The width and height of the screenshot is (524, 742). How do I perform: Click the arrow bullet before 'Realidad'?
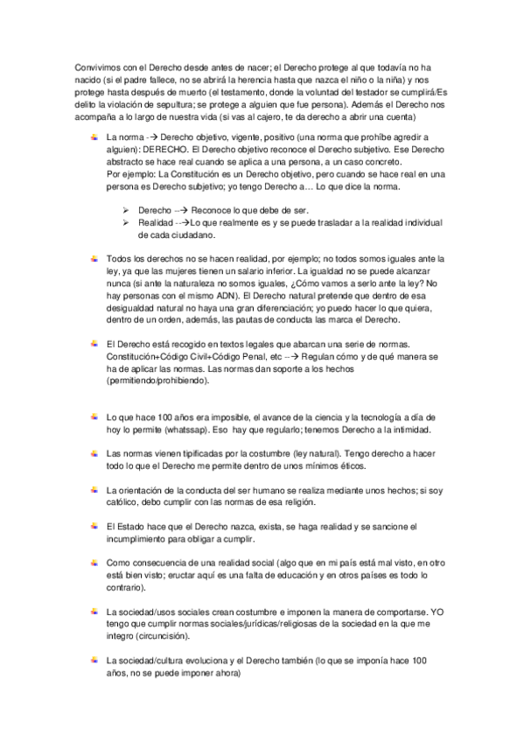[126, 224]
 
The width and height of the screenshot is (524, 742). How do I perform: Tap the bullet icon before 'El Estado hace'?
[93, 526]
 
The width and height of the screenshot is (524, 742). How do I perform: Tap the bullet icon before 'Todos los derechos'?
[93, 259]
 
